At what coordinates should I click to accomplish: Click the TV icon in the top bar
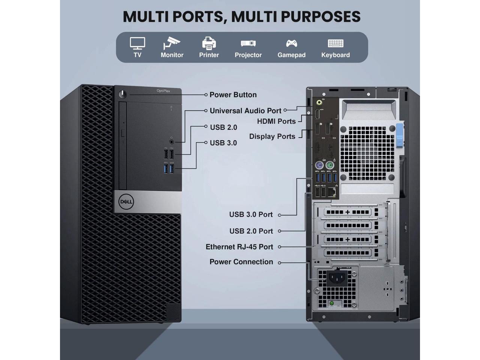point(137,43)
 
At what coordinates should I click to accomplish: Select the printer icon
point(209,43)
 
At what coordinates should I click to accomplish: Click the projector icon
point(248,43)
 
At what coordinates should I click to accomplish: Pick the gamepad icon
point(291,43)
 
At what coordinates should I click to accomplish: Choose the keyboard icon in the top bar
point(336,43)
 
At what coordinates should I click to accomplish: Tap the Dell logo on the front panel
point(126,202)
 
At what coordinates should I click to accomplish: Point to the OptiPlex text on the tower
point(163,91)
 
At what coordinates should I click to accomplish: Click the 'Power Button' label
point(233,95)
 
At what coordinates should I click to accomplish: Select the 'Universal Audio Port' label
point(245,111)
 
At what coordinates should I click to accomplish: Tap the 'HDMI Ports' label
point(276,121)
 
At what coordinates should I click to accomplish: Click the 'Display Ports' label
point(272,136)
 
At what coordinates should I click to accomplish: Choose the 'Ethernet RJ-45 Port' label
point(239,247)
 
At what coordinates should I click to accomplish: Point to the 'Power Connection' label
point(241,262)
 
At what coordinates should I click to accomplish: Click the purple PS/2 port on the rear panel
point(319,165)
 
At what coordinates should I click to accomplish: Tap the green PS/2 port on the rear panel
point(330,165)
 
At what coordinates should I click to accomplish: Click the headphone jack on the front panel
point(172,142)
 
